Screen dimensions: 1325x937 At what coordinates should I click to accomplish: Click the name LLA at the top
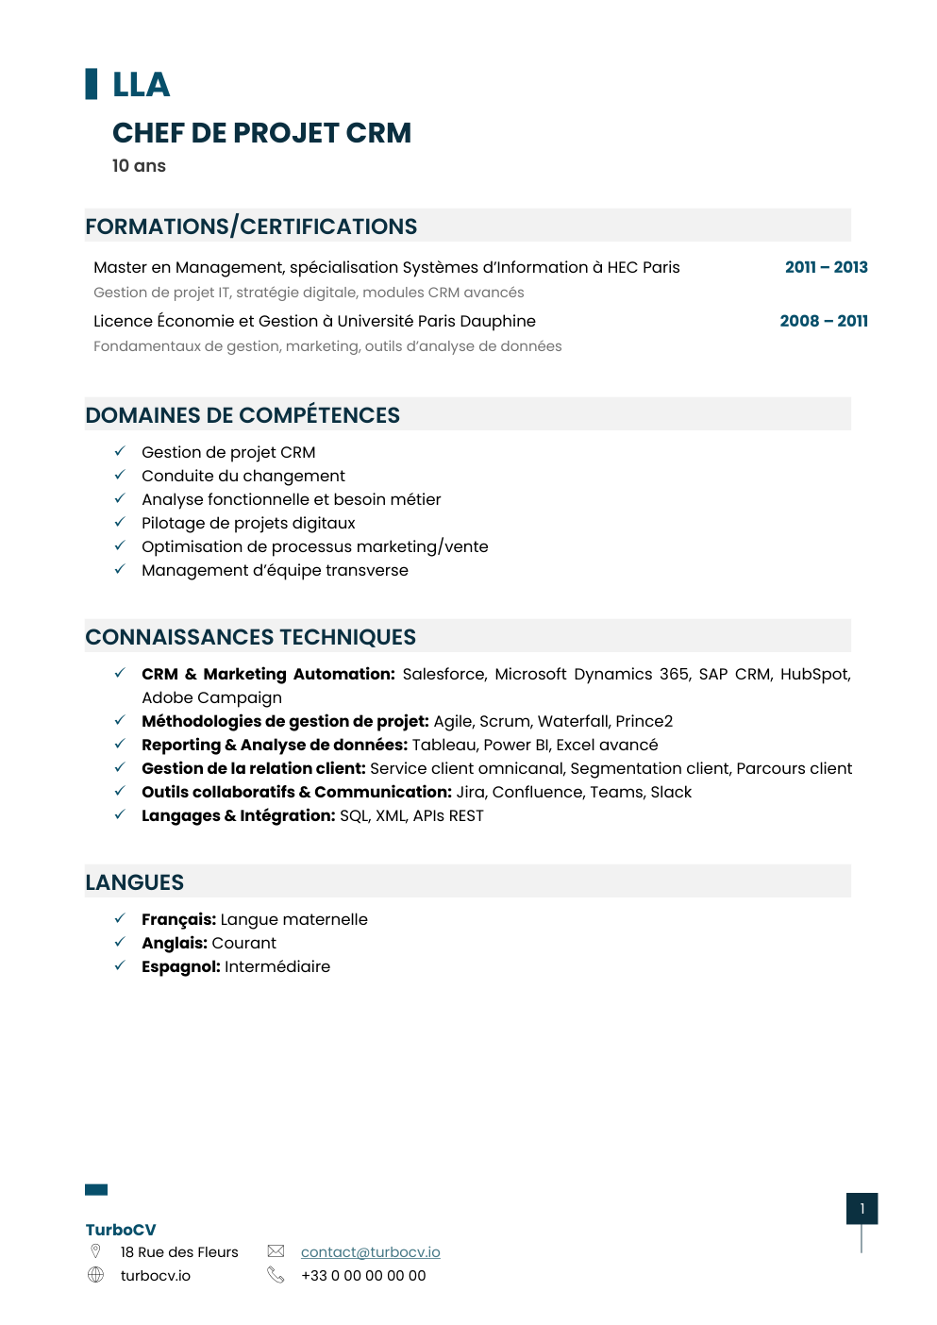point(141,85)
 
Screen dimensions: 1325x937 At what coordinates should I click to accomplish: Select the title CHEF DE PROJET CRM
point(261,133)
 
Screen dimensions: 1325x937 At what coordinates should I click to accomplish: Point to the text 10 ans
point(139,166)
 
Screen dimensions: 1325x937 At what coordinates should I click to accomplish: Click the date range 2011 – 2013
point(826,267)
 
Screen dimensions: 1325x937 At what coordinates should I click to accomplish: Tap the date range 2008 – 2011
point(824,321)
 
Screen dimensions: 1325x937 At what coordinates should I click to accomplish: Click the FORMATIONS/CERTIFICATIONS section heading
point(251,226)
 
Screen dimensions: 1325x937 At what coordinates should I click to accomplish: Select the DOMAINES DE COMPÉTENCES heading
point(243,415)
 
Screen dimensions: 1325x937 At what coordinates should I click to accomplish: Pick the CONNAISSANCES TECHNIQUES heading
point(250,637)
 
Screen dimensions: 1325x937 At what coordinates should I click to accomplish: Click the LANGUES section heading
point(134,882)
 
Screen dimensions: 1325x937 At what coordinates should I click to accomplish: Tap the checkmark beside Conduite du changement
point(120,475)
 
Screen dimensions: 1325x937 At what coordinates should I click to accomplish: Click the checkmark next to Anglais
point(120,942)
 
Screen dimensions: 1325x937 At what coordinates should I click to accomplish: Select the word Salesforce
point(443,674)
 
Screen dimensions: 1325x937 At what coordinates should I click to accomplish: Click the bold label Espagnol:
point(180,966)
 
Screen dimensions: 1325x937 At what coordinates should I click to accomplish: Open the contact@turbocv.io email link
point(370,1252)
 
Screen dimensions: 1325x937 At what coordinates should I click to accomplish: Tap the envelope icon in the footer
point(276,1251)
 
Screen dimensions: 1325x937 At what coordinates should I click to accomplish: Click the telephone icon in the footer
point(276,1275)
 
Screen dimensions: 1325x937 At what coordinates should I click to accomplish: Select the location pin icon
point(95,1251)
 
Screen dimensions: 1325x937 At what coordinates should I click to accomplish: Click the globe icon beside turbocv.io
point(95,1275)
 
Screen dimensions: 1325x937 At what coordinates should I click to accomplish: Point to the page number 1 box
point(862,1209)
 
